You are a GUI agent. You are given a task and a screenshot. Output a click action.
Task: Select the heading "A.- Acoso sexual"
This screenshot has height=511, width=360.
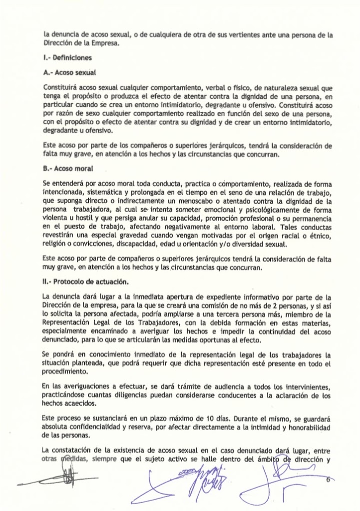(x=69, y=72)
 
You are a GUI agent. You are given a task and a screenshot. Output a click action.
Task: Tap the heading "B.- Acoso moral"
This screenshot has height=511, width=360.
(x=67, y=169)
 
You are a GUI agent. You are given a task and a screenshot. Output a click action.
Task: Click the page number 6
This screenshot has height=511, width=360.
(x=328, y=480)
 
